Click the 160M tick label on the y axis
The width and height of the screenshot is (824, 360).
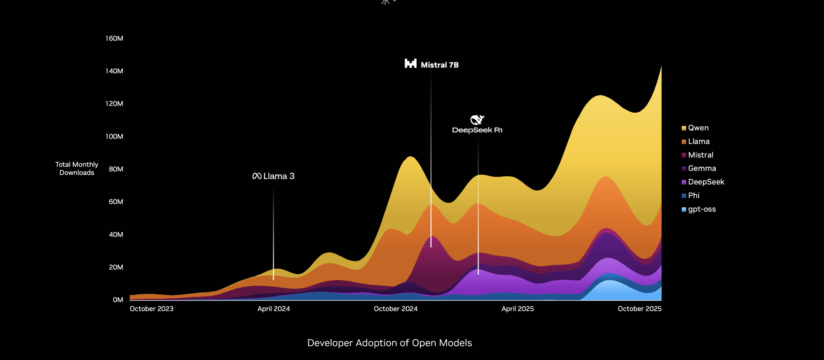(114, 38)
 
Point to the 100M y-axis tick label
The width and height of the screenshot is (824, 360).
(114, 137)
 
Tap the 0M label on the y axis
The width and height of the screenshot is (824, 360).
(118, 300)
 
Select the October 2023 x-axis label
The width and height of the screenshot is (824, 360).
(152, 309)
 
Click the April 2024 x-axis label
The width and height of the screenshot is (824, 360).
(274, 309)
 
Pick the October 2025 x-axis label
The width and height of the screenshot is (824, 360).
(639, 309)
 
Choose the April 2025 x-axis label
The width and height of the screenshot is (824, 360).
(517, 309)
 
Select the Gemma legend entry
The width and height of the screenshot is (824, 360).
(702, 168)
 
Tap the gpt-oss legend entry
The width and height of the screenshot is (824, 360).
(702, 209)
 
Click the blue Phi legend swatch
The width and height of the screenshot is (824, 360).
(684, 196)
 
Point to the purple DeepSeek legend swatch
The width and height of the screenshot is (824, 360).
(684, 182)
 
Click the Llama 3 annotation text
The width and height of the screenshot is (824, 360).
(279, 176)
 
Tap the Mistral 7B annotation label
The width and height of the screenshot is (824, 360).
(440, 65)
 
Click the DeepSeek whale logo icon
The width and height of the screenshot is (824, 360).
(477, 120)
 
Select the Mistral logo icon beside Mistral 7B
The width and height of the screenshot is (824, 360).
(410, 63)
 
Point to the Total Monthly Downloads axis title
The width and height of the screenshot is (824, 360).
(77, 169)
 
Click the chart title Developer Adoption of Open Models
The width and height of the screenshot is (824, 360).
(389, 343)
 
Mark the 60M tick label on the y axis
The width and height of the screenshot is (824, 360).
(116, 202)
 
